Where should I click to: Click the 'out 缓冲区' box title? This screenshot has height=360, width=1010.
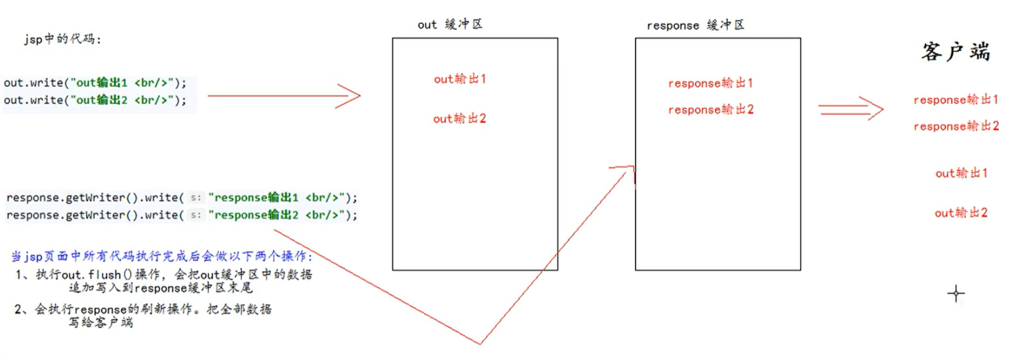click(450, 25)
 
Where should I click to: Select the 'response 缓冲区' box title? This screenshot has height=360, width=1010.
click(695, 25)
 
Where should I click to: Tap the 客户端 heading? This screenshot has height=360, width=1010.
click(955, 52)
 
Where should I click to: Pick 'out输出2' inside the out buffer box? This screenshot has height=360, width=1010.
click(459, 119)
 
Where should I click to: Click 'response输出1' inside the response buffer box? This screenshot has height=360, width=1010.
click(711, 83)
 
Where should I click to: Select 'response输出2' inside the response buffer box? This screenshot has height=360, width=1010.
click(711, 110)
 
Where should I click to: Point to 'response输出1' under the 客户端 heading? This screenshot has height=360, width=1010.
click(956, 100)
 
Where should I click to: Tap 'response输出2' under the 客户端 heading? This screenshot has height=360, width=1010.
click(956, 126)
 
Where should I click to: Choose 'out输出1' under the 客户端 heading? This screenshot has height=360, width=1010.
click(961, 173)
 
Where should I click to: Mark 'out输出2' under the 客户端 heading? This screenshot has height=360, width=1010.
click(961, 212)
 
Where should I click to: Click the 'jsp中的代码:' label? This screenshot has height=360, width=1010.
click(63, 39)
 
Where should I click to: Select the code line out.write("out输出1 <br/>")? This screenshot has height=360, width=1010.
click(95, 83)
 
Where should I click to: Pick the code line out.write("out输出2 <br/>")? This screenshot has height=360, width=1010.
click(95, 100)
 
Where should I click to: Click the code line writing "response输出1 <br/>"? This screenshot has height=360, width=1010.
click(181, 197)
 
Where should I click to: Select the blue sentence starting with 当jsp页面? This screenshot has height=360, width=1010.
click(162, 256)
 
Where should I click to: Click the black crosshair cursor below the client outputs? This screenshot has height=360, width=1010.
click(956, 294)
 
